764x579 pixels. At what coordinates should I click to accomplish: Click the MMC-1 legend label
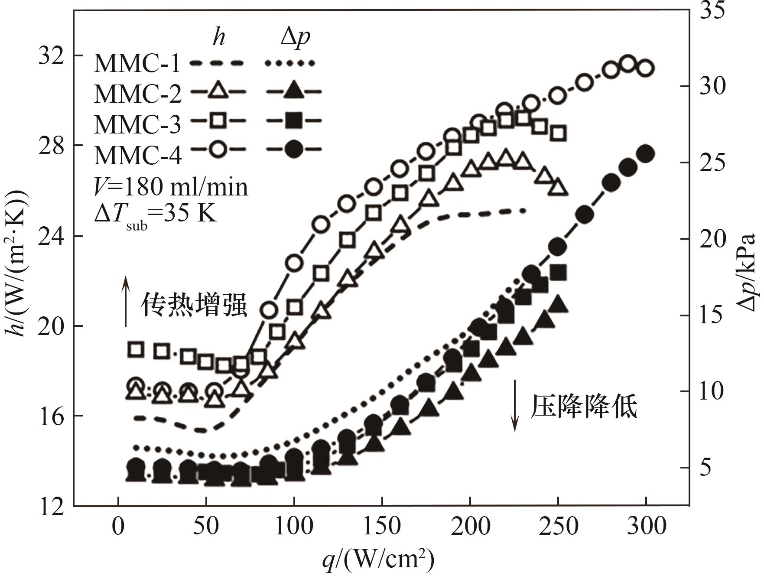pos(137,63)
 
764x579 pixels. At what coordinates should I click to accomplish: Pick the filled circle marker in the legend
pos(294,150)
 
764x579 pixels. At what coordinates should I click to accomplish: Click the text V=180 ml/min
pos(171,187)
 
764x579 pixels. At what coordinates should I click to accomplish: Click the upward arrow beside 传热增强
pos(126,301)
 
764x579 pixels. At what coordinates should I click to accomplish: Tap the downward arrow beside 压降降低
pos(515,406)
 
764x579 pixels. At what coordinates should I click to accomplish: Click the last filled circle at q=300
pos(646,154)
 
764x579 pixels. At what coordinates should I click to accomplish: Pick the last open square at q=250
pos(559,133)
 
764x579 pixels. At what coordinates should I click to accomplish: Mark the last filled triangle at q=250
pos(559,306)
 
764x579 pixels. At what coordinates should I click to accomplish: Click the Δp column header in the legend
pos(295,37)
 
